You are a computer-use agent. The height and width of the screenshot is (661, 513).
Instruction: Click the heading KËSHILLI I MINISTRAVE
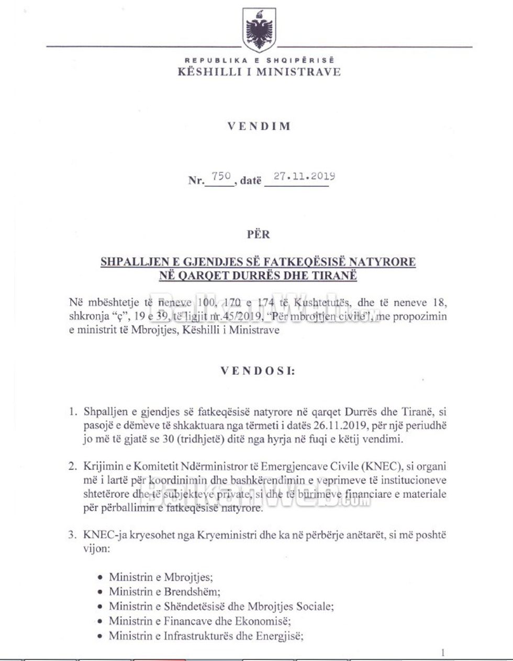coord(259,72)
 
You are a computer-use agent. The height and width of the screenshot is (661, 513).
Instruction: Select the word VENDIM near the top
coord(259,127)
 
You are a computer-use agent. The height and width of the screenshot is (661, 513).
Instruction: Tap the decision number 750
coord(221,177)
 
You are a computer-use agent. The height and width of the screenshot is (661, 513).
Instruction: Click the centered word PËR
coord(258,234)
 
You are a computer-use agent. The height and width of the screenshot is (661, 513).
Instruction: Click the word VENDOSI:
coord(258,371)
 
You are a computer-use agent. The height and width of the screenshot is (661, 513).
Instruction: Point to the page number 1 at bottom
coord(443,652)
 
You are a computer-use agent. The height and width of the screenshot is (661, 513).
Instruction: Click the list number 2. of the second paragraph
coord(73,466)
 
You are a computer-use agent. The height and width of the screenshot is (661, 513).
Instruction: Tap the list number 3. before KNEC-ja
coord(73,535)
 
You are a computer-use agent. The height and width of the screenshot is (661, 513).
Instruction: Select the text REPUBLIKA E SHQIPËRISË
coord(259,61)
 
